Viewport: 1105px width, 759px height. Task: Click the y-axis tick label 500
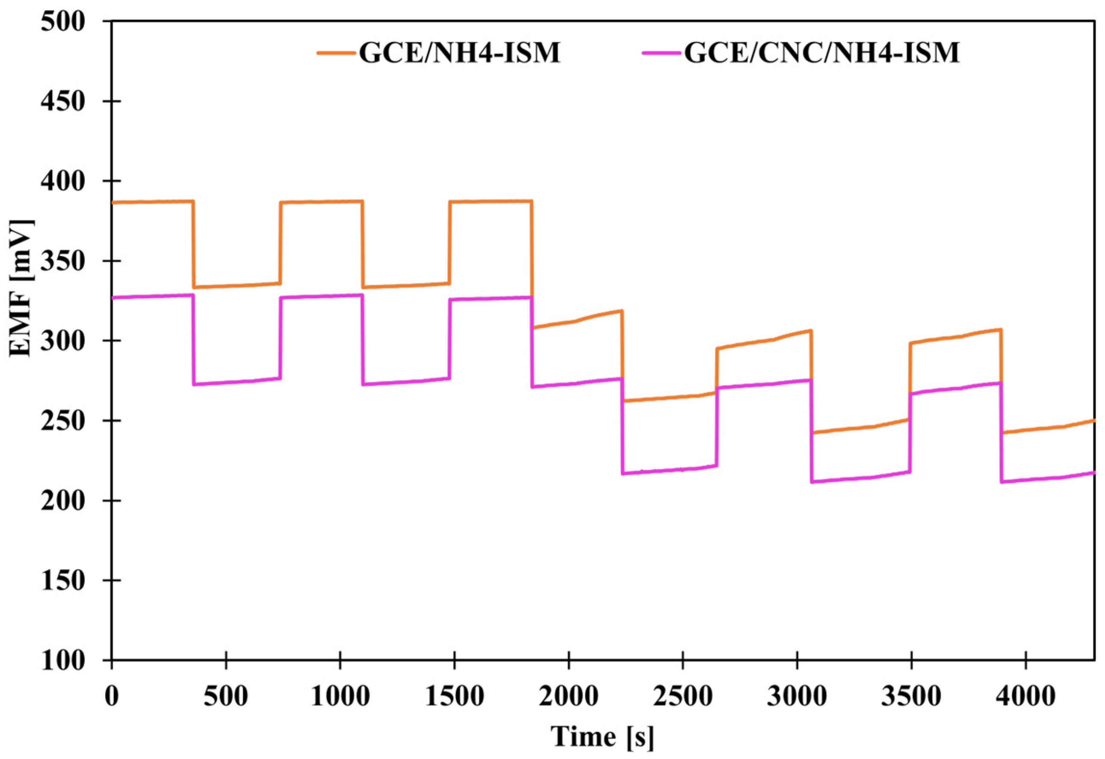point(62,22)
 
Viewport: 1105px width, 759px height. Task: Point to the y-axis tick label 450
point(62,102)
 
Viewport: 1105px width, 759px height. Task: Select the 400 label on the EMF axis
point(62,182)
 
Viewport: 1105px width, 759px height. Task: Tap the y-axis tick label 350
point(62,262)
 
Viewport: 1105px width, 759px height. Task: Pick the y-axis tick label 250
point(62,421)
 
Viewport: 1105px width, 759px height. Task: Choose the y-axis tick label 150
point(62,581)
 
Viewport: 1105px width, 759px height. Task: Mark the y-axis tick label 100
point(62,661)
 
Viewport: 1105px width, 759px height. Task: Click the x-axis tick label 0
point(112,696)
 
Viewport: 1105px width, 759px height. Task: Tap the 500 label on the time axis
point(226,696)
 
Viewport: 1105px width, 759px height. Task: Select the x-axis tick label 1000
point(340,696)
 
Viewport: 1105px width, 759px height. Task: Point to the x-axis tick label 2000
point(569,696)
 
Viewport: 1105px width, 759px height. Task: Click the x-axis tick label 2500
point(683,696)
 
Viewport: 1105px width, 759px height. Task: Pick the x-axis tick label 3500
point(911,696)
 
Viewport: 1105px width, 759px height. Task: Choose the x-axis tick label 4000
point(1025,696)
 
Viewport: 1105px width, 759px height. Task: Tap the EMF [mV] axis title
point(22,288)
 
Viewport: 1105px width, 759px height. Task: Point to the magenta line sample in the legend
point(662,53)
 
